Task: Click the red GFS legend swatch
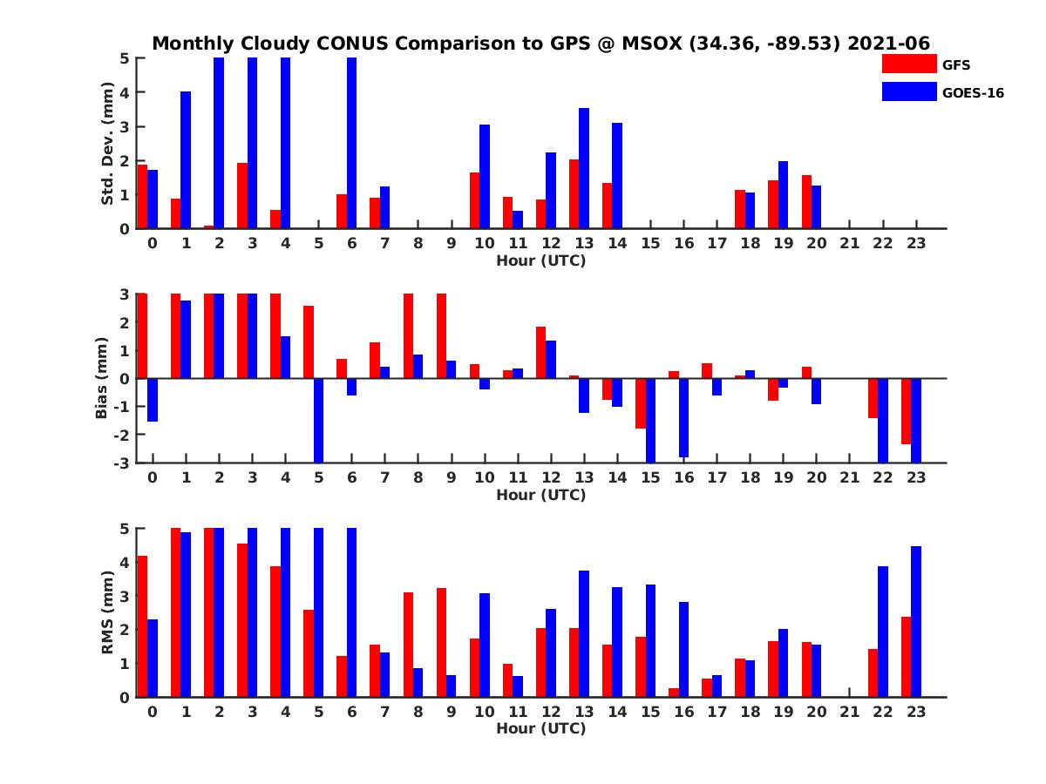tap(908, 64)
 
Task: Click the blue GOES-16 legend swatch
tap(908, 91)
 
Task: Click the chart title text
tap(540, 44)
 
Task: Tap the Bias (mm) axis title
tap(103, 377)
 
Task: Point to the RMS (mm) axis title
tap(108, 612)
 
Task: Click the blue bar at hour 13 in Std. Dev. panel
tap(584, 168)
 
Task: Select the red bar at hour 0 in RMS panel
tap(142, 626)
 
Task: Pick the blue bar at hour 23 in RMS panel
tap(915, 621)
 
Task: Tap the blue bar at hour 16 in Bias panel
tap(683, 417)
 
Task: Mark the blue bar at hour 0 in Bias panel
tap(153, 400)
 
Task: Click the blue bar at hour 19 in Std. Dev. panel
tap(783, 195)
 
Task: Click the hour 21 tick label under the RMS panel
tap(849, 711)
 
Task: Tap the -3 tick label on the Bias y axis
tap(124, 463)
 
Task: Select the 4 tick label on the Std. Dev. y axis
tap(126, 91)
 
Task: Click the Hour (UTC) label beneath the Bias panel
tap(540, 495)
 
